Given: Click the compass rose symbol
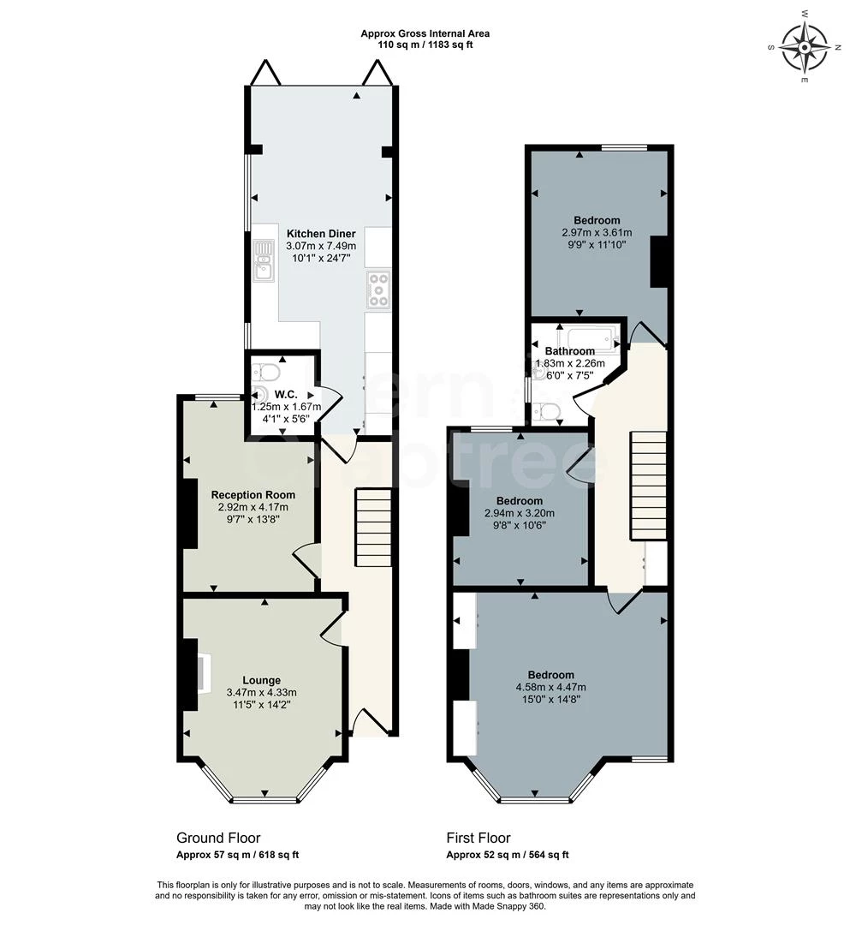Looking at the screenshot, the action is (x=804, y=46).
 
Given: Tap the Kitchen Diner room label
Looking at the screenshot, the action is (x=321, y=234).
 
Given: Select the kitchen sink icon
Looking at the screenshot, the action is (x=264, y=260).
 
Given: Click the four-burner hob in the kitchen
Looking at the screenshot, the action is (x=377, y=289).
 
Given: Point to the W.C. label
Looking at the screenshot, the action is (x=286, y=395).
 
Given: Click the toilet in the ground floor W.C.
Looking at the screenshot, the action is (x=265, y=373).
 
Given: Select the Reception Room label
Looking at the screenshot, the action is (x=253, y=495).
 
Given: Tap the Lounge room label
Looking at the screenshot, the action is (x=262, y=680).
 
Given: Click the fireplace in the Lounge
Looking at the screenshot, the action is (x=203, y=674).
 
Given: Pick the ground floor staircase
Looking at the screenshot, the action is (x=373, y=528).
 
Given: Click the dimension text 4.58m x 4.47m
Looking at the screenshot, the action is (x=551, y=687).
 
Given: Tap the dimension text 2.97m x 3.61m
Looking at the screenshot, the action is (x=597, y=232).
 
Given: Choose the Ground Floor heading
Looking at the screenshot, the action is (x=218, y=838).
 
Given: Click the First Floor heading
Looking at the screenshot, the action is (x=478, y=838).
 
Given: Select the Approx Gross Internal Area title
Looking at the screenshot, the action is (x=425, y=33).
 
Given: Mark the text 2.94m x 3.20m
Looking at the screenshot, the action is (x=520, y=513).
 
